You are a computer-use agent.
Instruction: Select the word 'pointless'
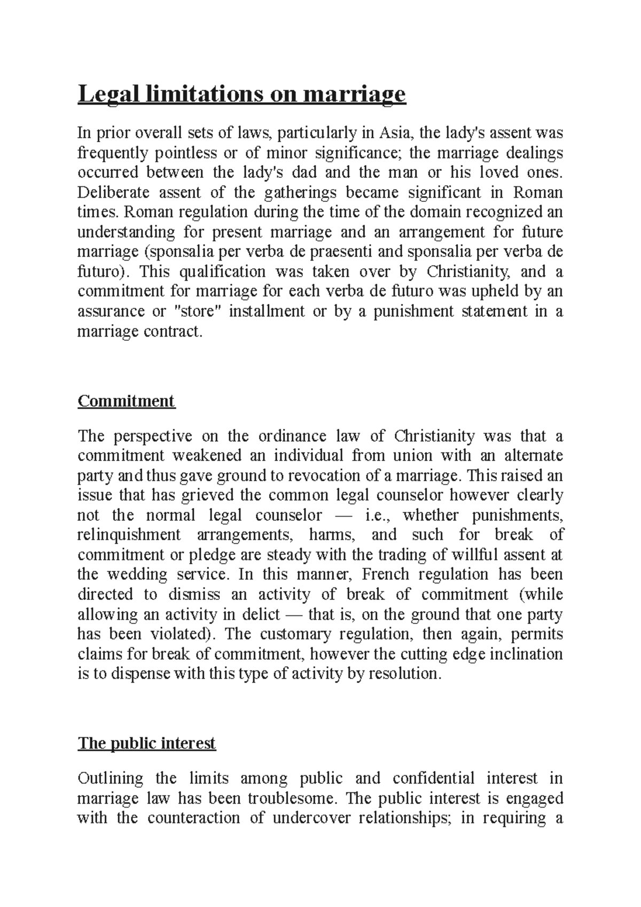[x=186, y=153]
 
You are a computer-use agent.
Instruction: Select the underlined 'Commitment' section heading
[x=126, y=401]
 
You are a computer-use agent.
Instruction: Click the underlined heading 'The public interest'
[x=146, y=743]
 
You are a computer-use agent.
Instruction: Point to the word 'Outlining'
[x=111, y=778]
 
